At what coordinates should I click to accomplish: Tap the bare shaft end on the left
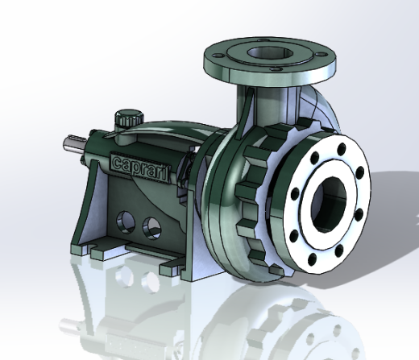tap(75, 144)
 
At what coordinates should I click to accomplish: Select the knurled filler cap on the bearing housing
tap(129, 118)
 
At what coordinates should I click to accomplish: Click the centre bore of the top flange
tap(270, 53)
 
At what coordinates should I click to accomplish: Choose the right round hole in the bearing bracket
tap(152, 228)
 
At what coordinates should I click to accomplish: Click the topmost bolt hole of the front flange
tap(341, 148)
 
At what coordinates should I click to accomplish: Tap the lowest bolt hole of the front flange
tap(312, 259)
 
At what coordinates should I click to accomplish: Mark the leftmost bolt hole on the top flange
tap(218, 56)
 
